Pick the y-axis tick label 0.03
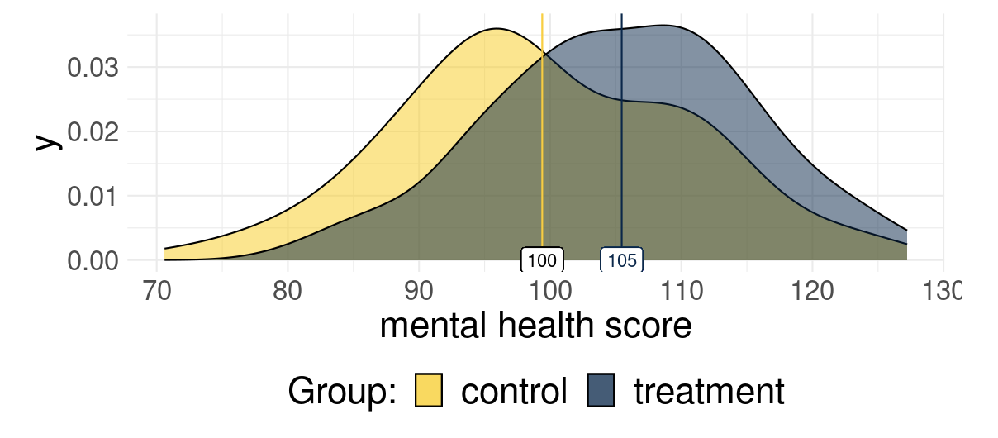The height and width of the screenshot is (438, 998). [92, 67]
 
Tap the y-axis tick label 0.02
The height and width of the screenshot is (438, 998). [92, 131]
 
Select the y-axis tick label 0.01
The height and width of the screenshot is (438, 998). [92, 196]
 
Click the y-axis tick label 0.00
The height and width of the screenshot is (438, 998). [92, 260]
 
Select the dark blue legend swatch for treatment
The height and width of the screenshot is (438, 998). [602, 391]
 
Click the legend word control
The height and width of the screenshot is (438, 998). [514, 391]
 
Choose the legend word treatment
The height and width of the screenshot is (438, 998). [709, 391]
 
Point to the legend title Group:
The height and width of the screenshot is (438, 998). [342, 391]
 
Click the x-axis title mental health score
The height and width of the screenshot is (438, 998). [535, 327]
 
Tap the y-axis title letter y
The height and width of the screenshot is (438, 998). [49, 141]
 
